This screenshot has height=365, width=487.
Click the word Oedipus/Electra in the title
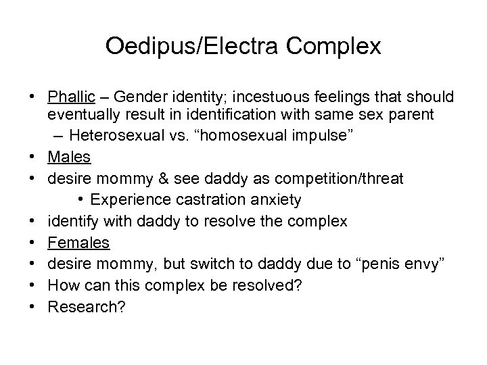(x=181, y=47)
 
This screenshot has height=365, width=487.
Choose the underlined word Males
(x=69, y=157)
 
